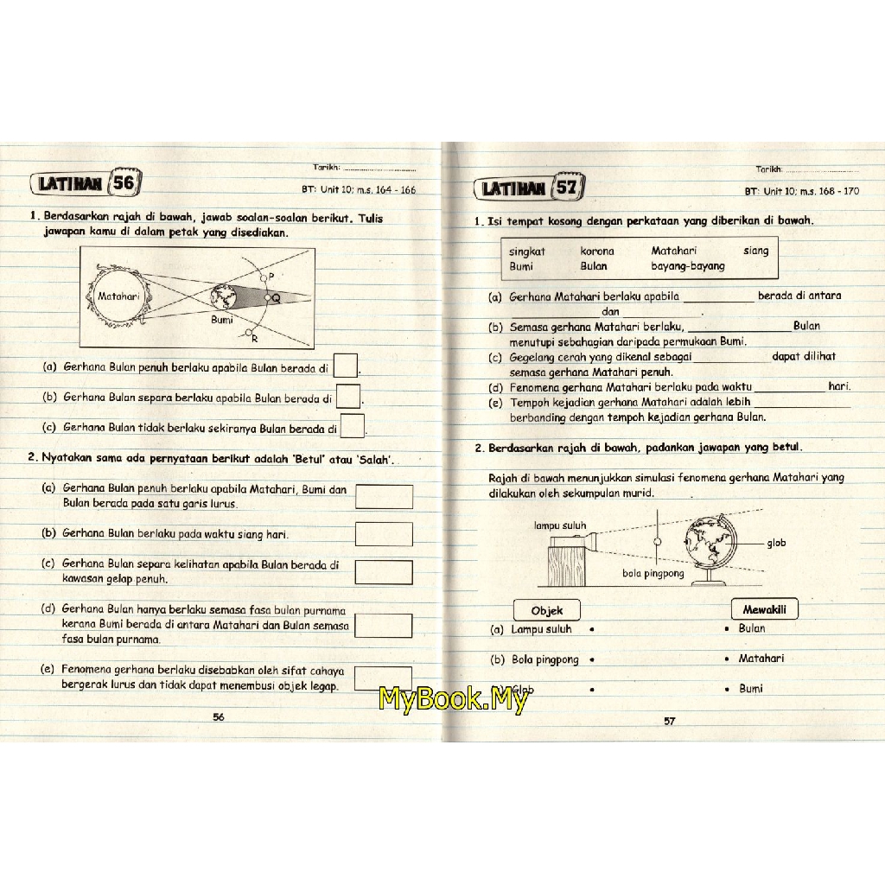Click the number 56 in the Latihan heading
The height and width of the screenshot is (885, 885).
pos(124,182)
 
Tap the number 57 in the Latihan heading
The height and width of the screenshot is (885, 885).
pos(567,187)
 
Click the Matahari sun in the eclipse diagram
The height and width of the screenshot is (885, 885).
pos(118,296)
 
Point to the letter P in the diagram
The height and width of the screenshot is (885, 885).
pos(271,277)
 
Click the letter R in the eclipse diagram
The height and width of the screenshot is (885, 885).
pos(255,339)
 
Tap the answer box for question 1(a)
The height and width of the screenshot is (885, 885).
pos(346,366)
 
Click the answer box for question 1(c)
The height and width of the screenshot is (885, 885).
pos(353,425)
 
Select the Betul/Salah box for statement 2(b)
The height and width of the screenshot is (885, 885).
pos(384,534)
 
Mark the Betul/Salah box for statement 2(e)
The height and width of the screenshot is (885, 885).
pos(383,678)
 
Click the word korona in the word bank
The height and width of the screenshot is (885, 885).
pos(597,251)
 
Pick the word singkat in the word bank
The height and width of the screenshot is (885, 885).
pos(527,251)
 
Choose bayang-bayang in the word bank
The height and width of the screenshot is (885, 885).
pos(688,266)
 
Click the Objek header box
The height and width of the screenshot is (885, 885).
pos(547,610)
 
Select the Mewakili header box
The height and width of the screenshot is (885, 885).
pos(765,609)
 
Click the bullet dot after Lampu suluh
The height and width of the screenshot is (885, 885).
pos(591,629)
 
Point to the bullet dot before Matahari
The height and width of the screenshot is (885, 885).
pos(727,659)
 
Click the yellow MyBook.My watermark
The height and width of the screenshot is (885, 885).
pos(454,698)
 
